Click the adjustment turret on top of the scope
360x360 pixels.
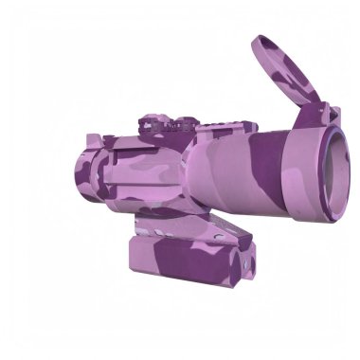pyautogui.click(x=156, y=123)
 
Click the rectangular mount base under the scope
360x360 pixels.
pyautogui.click(x=189, y=261)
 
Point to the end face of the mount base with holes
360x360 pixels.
pyautogui.click(x=244, y=265)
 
